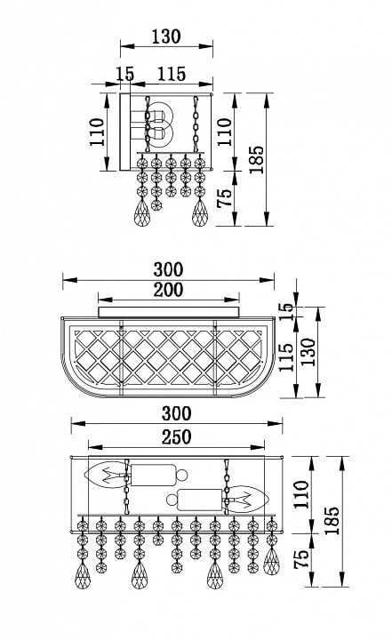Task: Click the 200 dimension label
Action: click(x=168, y=290)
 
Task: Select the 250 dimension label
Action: click(x=176, y=437)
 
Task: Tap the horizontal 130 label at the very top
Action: click(x=166, y=36)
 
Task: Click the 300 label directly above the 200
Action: click(x=168, y=269)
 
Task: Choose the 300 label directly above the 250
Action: click(x=176, y=413)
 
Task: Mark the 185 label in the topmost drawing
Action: click(x=257, y=160)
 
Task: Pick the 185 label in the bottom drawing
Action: click(x=332, y=521)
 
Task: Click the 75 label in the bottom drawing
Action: click(x=301, y=560)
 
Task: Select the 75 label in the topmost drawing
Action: click(x=224, y=198)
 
